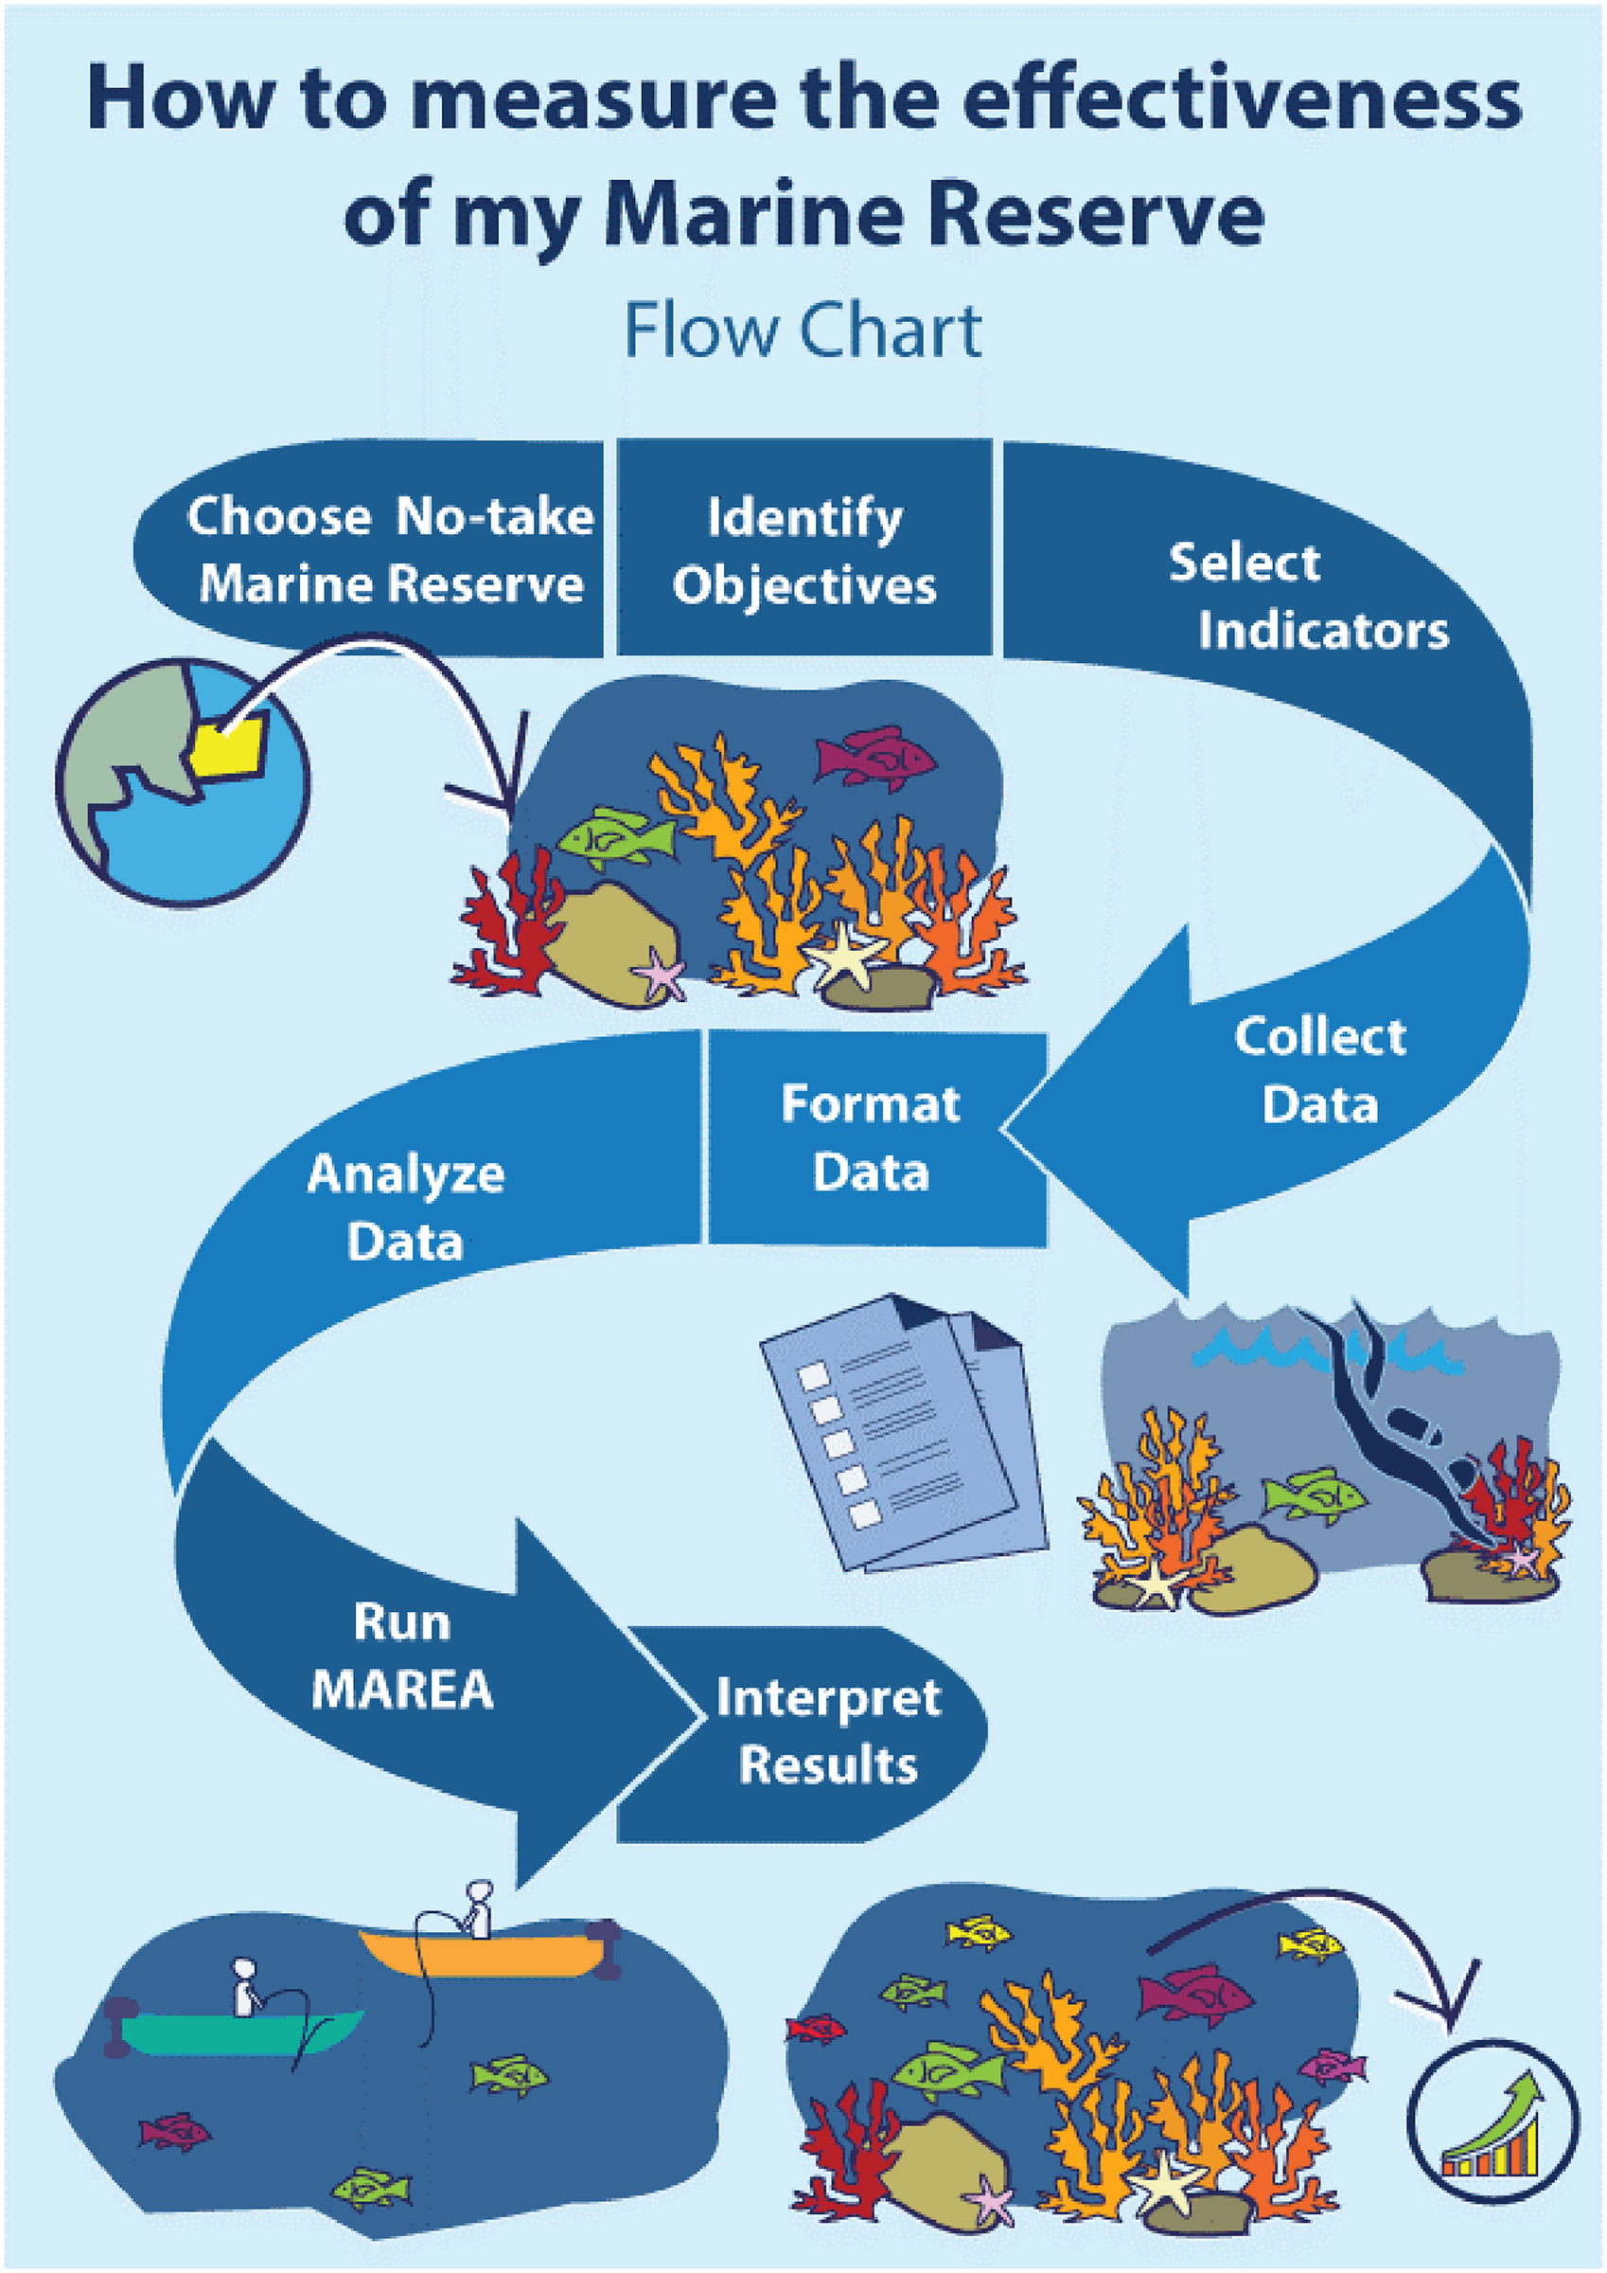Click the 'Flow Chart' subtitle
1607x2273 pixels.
tap(803, 331)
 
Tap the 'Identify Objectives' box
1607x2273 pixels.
tap(803, 549)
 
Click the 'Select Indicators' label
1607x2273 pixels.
tap(1306, 596)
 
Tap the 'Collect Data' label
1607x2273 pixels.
tap(1320, 1070)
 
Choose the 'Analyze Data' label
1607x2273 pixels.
tap(406, 1207)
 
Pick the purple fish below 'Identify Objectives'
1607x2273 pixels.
tap(874, 759)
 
